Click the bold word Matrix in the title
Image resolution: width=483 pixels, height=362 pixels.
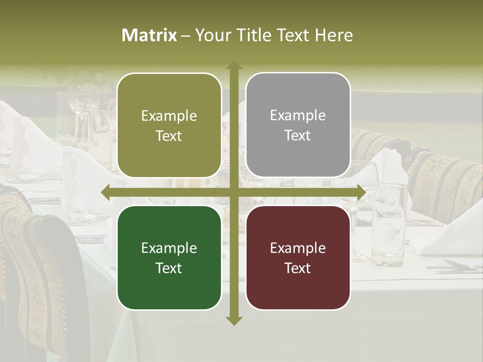(x=149, y=35)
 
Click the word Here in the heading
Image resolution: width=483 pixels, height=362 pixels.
(x=334, y=35)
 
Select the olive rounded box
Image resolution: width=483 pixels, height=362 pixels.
(x=169, y=125)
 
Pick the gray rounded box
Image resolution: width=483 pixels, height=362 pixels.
(x=298, y=125)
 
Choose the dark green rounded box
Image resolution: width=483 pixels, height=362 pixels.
(x=169, y=257)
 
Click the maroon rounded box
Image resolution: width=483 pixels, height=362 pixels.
(x=298, y=257)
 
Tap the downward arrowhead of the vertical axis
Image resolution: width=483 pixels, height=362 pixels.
(x=233, y=320)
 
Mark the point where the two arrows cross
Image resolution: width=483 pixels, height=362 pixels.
(x=233, y=193)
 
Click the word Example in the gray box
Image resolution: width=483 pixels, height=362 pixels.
(x=298, y=116)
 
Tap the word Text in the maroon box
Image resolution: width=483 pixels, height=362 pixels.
(x=298, y=268)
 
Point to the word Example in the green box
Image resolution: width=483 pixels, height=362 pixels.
(x=169, y=248)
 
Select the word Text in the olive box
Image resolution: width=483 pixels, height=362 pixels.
(x=169, y=136)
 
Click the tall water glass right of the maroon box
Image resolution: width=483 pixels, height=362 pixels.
(x=389, y=221)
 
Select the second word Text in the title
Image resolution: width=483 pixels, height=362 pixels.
(x=292, y=35)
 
